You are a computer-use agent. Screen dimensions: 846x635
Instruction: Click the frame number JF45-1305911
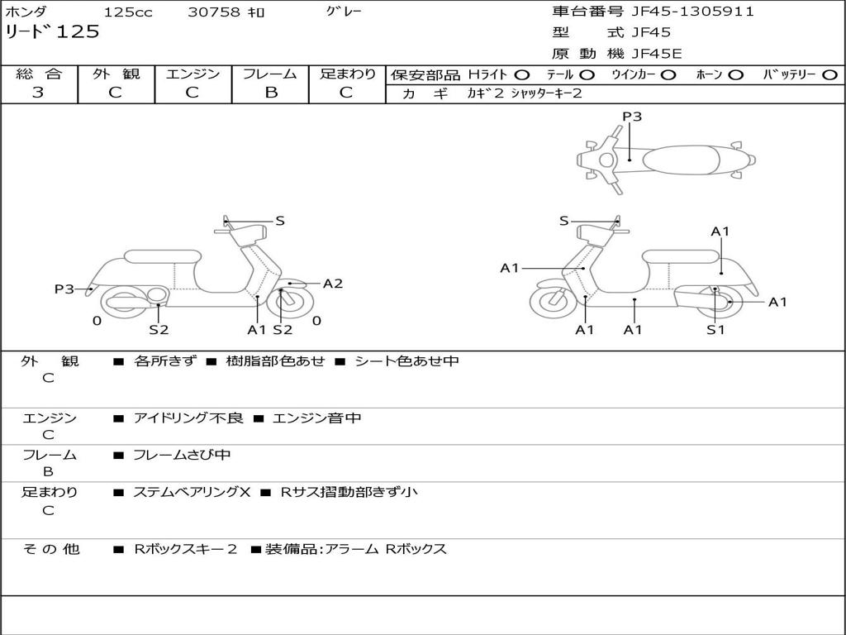coord(692,12)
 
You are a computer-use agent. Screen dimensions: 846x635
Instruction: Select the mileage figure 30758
coord(214,12)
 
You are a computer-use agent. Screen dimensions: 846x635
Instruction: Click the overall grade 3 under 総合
coord(38,93)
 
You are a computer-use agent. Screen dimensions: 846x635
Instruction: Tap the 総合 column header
coord(39,74)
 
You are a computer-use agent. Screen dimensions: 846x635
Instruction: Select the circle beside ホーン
coord(735,74)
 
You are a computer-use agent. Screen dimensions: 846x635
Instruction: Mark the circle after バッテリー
coord(829,74)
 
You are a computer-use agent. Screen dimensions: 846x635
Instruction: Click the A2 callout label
coord(332,284)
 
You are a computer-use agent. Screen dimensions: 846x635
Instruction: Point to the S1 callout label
coord(715,330)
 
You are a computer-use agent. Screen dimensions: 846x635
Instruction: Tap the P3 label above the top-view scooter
coord(631,117)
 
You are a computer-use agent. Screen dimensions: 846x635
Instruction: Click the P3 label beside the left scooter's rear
coord(64,289)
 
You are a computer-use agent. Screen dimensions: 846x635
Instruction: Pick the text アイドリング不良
coord(188,418)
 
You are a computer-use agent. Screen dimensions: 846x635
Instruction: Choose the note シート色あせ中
coord(406,361)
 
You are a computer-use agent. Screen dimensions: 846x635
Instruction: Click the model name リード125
coord(52,32)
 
